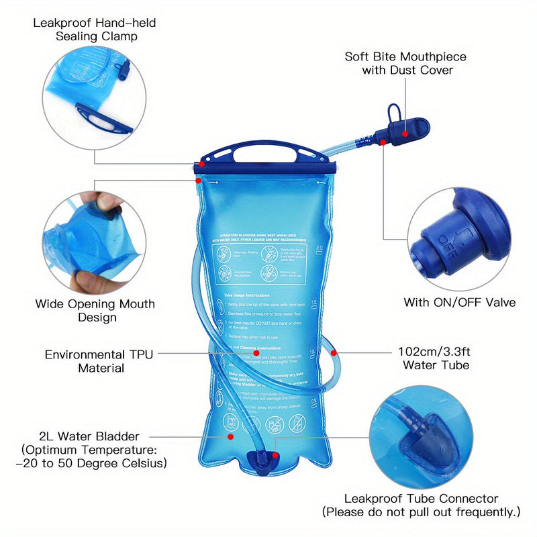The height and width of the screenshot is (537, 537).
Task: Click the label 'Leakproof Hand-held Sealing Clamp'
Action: coord(95,30)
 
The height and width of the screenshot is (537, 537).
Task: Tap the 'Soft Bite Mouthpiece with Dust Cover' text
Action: coord(405,63)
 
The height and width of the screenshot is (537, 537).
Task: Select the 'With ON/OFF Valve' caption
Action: coord(459,303)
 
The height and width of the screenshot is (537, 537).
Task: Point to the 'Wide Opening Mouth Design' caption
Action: coord(95,311)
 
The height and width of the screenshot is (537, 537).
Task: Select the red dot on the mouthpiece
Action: coord(405,134)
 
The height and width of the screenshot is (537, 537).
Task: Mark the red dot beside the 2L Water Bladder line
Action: coord(231,436)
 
